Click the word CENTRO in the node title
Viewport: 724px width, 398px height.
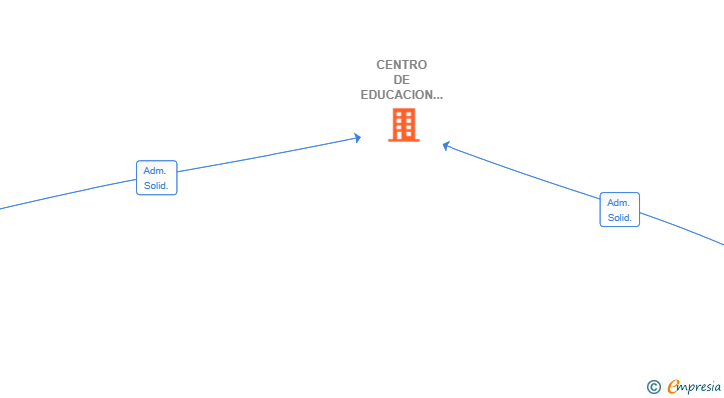(x=401, y=65)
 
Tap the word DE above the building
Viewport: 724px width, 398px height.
(x=401, y=80)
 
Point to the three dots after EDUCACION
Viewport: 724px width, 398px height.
(x=438, y=98)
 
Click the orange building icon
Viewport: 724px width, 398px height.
(x=404, y=125)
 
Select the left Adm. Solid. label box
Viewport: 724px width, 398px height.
(x=157, y=178)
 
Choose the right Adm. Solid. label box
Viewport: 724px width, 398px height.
(x=620, y=210)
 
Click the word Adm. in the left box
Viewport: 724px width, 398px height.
(x=155, y=171)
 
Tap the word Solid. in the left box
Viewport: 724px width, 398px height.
(x=156, y=186)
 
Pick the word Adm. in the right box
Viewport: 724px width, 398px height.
(x=618, y=203)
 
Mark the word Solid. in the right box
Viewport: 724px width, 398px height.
(x=620, y=218)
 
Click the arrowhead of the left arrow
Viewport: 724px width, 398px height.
(x=357, y=138)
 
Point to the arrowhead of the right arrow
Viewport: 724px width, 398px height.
(x=446, y=146)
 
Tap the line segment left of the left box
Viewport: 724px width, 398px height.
(x=69, y=194)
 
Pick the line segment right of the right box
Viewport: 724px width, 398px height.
(x=682, y=228)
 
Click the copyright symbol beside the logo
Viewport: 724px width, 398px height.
(x=654, y=387)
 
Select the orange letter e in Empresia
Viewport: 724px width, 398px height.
(x=673, y=386)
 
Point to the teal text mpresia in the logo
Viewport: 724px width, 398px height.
(x=700, y=388)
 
